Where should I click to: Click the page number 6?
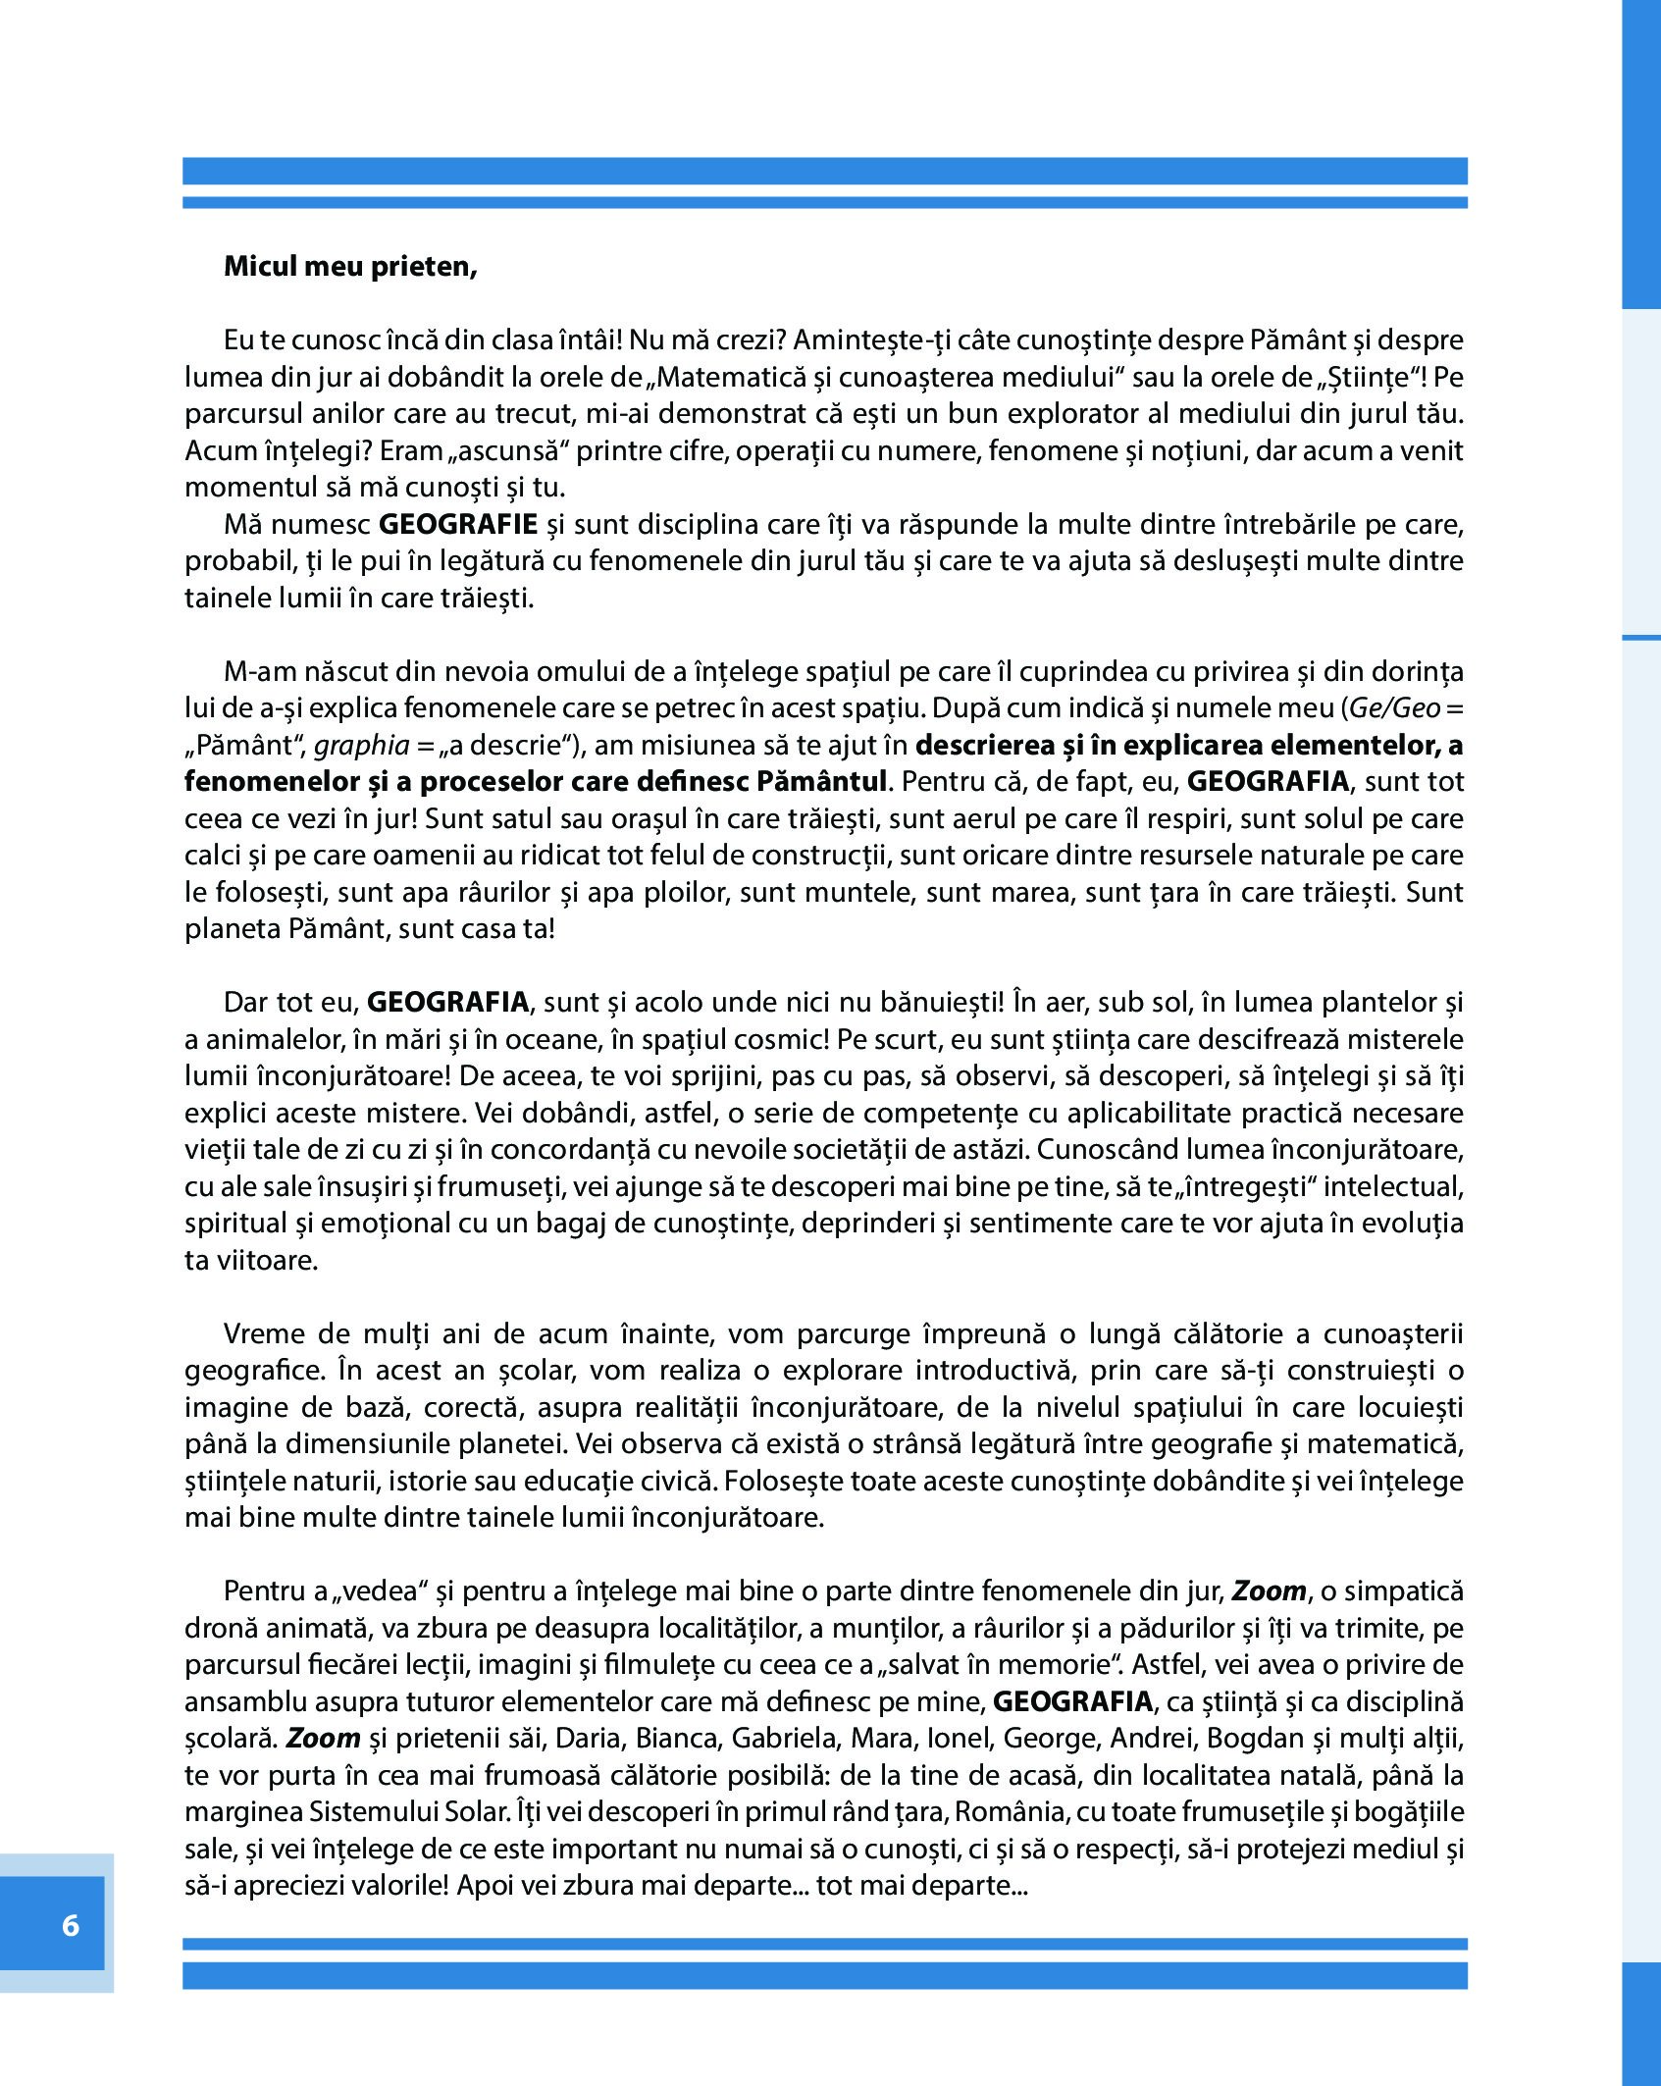pyautogui.click(x=70, y=1925)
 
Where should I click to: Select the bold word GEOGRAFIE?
pyautogui.click(x=458, y=524)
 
